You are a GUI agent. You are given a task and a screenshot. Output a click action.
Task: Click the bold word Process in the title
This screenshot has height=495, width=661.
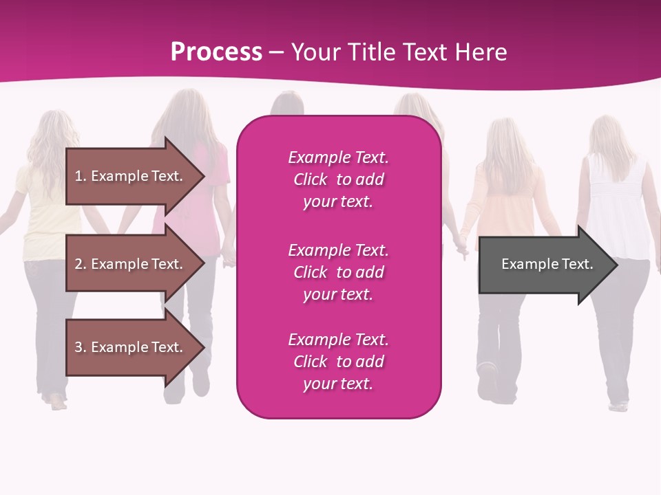216,52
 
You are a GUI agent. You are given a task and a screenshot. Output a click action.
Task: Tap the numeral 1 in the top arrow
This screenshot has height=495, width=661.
78,176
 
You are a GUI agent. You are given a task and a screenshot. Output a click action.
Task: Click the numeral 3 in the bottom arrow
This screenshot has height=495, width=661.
78,347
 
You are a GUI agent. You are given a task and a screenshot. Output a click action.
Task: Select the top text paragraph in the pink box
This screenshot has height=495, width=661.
338,179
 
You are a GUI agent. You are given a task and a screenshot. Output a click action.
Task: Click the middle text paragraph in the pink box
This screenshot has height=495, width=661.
338,272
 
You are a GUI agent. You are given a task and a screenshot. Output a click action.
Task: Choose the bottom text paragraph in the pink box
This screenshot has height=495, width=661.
338,362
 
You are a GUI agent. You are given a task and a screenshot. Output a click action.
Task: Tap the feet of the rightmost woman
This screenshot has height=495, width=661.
618,406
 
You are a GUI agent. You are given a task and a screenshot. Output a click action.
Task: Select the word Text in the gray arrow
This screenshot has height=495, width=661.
576,264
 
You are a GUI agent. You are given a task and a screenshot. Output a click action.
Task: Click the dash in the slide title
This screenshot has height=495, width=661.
277,52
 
